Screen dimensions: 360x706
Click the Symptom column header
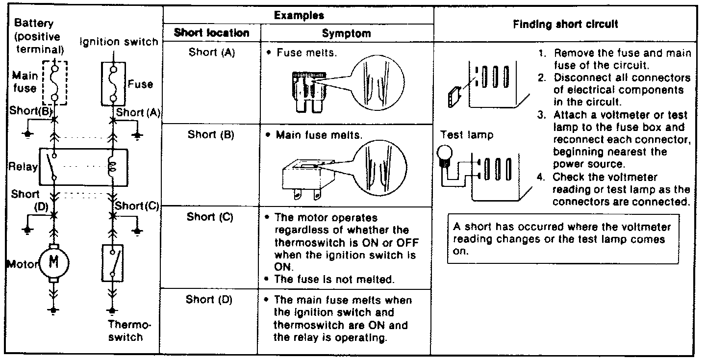click(346, 33)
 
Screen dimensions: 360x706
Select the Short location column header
click(212, 33)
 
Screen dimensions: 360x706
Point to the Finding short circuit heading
click(565, 24)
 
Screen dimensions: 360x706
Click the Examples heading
click(299, 15)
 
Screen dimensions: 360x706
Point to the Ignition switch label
click(119, 42)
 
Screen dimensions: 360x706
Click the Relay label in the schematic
click(23, 167)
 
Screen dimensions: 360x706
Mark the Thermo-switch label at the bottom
click(126, 331)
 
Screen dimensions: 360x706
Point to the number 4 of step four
click(543, 177)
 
